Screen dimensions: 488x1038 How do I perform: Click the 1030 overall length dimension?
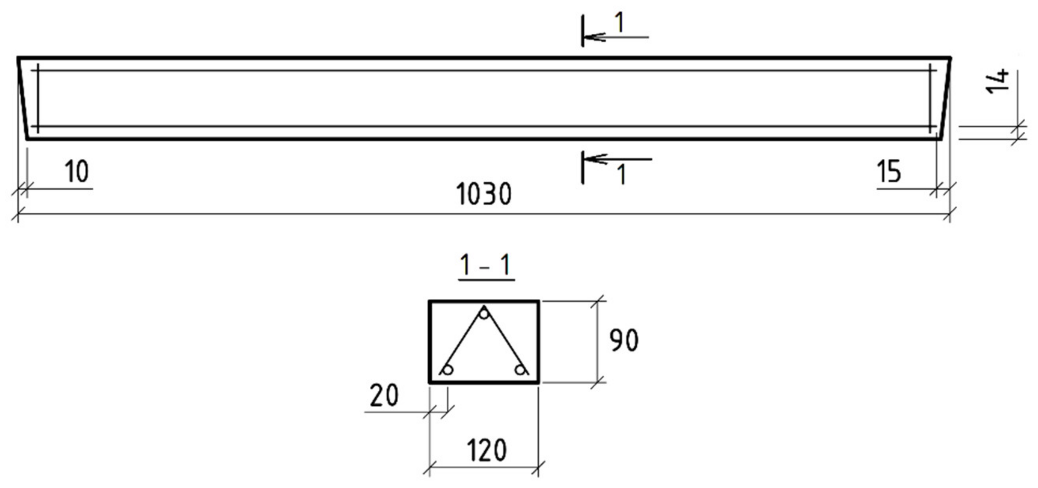484,194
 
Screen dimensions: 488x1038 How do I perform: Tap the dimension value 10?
76,172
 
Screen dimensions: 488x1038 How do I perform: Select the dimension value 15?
889,172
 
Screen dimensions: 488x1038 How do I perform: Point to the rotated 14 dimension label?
998,82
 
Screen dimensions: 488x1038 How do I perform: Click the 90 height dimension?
624,340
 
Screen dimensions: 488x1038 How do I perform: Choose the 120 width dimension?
487,450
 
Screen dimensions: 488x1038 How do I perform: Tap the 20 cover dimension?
384,395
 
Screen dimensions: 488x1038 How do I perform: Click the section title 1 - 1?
486,266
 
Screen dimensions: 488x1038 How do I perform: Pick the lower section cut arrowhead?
594,159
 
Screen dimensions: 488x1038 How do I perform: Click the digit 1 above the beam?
620,23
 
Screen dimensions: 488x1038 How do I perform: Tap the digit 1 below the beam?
623,175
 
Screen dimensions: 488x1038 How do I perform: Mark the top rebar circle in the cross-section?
484,313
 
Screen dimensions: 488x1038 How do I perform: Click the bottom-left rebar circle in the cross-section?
447,370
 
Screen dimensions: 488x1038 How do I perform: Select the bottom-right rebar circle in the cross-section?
521,370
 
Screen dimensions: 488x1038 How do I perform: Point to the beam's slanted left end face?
22,99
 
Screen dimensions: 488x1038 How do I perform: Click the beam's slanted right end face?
946,99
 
